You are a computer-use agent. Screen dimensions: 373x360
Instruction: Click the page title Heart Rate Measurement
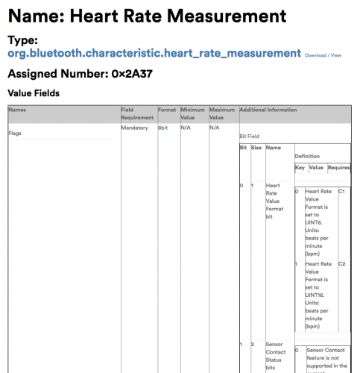(147, 15)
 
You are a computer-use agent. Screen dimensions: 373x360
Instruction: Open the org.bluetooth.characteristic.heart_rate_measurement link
(154, 54)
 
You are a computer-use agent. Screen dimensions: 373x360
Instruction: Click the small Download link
(316, 55)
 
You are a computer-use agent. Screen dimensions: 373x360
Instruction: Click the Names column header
(16, 110)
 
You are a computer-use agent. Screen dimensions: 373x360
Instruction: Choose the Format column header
(167, 110)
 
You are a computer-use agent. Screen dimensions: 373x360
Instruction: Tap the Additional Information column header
(268, 110)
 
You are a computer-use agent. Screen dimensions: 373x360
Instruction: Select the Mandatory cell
(135, 128)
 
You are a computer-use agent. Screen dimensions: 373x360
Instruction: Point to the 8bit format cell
(164, 128)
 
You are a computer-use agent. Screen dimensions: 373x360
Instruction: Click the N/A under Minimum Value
(187, 128)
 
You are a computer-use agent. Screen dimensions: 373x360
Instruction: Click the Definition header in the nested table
(309, 156)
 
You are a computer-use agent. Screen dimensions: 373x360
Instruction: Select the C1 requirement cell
(341, 192)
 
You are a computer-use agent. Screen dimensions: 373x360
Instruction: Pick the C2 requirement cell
(341, 264)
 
